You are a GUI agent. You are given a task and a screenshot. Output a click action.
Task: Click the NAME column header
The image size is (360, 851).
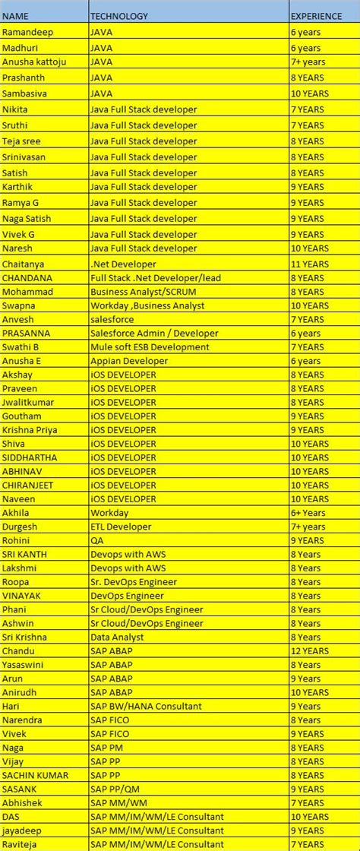16,16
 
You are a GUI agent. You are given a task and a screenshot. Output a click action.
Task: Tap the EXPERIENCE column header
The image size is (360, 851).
316,16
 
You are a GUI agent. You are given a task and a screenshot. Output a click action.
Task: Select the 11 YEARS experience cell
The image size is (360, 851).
310,263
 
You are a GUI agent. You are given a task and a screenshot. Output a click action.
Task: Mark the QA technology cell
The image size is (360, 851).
96,540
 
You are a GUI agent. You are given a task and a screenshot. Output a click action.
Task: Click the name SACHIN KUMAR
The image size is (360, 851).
35,775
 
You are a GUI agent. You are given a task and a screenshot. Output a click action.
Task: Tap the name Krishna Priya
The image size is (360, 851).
30,429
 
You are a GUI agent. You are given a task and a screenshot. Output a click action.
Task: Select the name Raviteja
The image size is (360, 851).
22,844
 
